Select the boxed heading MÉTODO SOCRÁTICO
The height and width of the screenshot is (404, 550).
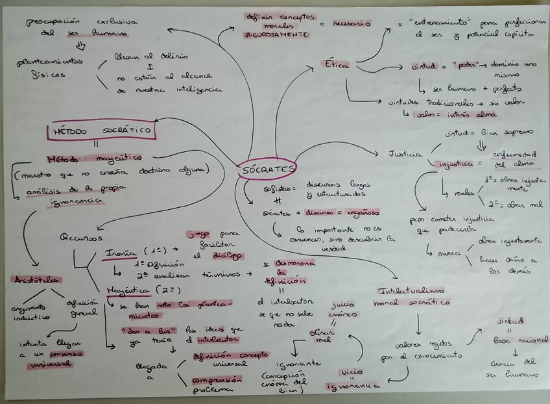[102, 131]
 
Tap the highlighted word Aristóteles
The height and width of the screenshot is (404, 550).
[36, 279]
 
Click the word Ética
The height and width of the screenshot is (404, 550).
[337, 65]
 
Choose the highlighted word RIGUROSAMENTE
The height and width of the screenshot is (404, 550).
[276, 35]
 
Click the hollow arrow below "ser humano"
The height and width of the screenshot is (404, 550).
[80, 45]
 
